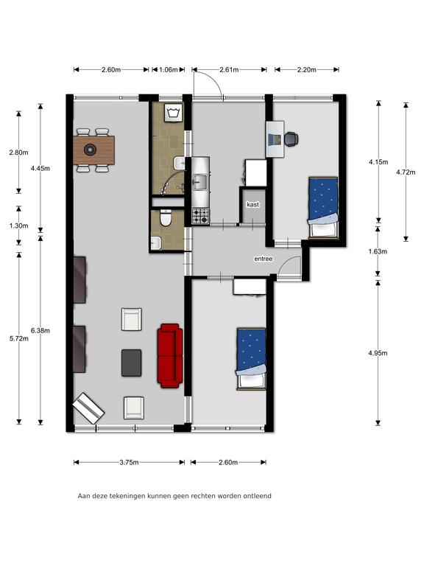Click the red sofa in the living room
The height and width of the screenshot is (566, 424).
pyautogui.click(x=170, y=356)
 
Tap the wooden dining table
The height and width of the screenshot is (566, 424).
pyautogui.click(x=93, y=150)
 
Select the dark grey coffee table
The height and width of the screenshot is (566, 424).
pyautogui.click(x=131, y=363)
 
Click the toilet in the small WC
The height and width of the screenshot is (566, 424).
pyautogui.click(x=166, y=218)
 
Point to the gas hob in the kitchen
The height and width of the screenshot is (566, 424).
pyautogui.click(x=200, y=216)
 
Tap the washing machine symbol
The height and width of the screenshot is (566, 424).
pyautogui.click(x=174, y=113)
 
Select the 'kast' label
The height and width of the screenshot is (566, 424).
pyautogui.click(x=252, y=205)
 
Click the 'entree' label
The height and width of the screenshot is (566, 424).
pyautogui.click(x=264, y=259)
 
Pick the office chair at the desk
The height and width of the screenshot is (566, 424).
pyautogui.click(x=291, y=139)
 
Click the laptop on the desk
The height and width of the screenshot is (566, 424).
pyautogui.click(x=275, y=139)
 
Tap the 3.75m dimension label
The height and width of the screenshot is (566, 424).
pyautogui.click(x=129, y=462)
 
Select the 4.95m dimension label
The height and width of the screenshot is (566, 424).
pyautogui.click(x=378, y=353)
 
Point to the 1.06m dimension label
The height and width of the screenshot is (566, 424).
pyautogui.click(x=169, y=70)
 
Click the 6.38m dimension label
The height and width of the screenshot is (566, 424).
pyautogui.click(x=40, y=330)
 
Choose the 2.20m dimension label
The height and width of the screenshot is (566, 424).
pyautogui.click(x=307, y=70)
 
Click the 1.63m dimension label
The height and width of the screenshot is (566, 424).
pyautogui.click(x=378, y=251)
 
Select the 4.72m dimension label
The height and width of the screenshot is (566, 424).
pyautogui.click(x=406, y=172)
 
